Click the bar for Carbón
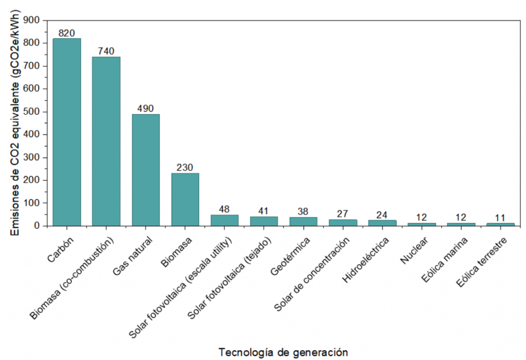(67, 132)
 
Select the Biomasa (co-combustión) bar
(106, 141)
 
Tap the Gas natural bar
(146, 170)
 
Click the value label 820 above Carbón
(67, 33)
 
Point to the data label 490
(146, 109)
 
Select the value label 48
(224, 210)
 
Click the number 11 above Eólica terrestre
(500, 218)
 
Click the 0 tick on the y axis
(37, 226)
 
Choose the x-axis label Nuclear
(412, 250)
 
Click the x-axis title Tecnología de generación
(283, 353)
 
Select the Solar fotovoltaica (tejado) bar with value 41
(264, 221)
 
